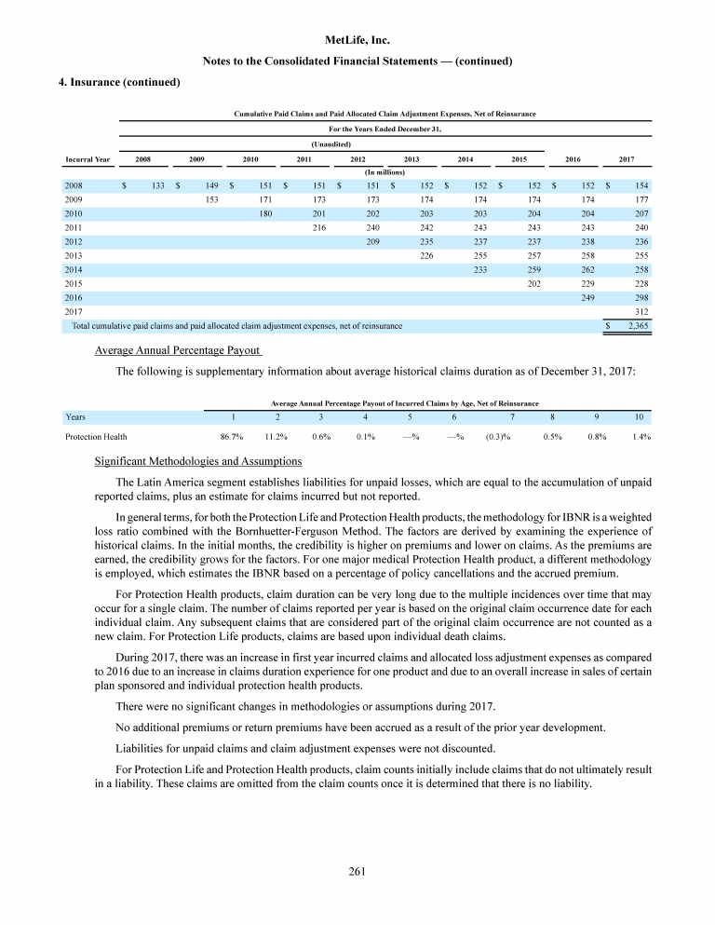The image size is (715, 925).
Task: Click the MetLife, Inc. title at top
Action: [x=357, y=41]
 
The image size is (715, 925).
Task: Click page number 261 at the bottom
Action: [x=357, y=872]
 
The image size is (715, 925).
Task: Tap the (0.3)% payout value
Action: [x=498, y=435]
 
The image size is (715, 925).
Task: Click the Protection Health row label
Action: [x=96, y=435]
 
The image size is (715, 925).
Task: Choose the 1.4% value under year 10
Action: [x=641, y=435]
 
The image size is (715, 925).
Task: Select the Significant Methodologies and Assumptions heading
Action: [x=198, y=462]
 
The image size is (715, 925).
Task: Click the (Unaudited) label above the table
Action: [x=331, y=144]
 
